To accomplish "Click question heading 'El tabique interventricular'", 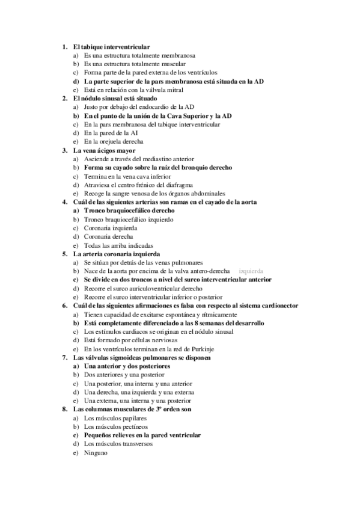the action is coord(111,46).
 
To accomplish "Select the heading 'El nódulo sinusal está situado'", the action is coord(115,98).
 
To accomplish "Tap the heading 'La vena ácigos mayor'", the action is coord(104,150).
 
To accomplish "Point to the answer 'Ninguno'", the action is coord(96,452).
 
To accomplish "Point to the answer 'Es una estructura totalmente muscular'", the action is coord(135,63).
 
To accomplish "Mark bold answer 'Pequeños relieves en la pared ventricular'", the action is coord(142,435).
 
